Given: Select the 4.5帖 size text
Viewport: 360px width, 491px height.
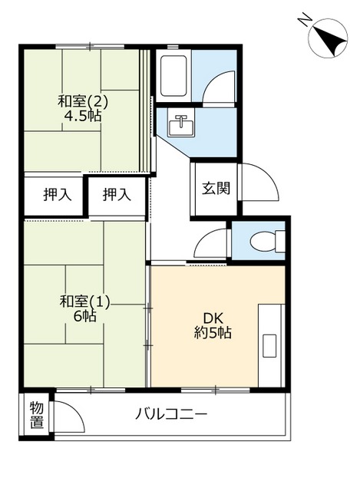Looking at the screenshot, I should point(84,116).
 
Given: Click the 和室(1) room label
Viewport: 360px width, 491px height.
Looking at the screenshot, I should point(85,302).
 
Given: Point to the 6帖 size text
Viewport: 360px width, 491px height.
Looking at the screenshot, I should point(84,316).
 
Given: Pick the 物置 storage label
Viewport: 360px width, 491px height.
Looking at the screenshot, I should point(36,415).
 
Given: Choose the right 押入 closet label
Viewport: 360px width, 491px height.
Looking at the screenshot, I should point(116,195).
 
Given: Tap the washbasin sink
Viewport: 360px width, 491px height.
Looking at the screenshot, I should point(181,123).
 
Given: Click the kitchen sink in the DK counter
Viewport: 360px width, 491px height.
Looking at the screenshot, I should point(269,345).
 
